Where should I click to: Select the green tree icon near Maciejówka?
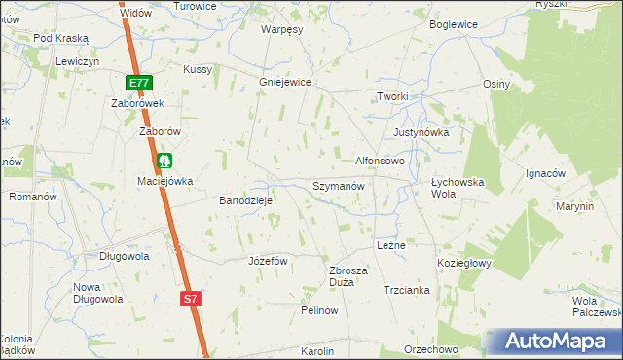165,160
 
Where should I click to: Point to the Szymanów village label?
338,185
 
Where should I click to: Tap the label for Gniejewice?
284,83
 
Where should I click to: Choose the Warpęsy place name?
282,29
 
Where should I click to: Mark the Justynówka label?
420,132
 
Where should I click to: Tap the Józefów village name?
269,261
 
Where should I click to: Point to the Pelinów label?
319,310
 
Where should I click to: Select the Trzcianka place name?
407,290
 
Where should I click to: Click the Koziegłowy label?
465,263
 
